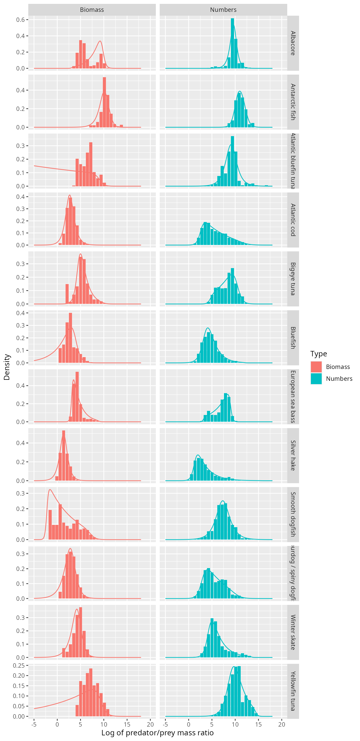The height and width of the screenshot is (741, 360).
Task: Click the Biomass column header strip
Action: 92,10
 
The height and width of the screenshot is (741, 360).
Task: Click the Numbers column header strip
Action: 223,10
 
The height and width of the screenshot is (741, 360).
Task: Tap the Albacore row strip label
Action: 293,43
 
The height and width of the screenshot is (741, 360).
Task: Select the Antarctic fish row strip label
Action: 293,102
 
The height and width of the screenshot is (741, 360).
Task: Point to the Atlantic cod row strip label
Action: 293,220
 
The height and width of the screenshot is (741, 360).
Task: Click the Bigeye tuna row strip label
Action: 293,279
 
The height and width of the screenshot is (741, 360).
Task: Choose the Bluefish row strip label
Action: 293,338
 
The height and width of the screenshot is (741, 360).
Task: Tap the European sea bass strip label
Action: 293,397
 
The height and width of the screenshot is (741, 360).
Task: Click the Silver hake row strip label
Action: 293,455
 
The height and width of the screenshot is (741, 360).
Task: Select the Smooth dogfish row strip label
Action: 293,514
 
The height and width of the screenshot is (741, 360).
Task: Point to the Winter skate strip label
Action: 293,632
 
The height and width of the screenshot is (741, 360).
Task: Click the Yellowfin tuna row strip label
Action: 293,691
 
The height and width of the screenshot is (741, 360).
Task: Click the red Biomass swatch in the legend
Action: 316,367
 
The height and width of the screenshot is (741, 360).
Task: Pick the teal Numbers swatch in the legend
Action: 316,378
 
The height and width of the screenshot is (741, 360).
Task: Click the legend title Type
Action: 319,354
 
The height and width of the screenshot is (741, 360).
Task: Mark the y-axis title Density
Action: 7,367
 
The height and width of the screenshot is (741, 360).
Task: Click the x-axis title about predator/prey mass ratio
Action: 158,733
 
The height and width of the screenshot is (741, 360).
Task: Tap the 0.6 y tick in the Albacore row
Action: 20,20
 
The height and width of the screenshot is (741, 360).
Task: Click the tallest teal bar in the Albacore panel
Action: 232,43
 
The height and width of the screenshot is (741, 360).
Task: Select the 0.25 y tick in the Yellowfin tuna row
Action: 19,665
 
